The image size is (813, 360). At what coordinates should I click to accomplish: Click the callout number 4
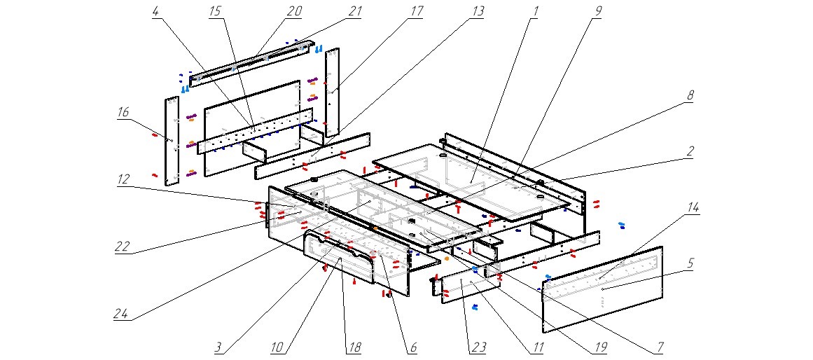[x=154, y=12]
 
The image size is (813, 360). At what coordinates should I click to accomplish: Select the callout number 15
[x=215, y=12]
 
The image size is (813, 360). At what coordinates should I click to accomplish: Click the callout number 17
[x=417, y=12]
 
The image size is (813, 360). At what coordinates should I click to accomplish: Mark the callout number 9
[x=597, y=12]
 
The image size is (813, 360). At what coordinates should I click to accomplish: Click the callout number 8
[x=689, y=97]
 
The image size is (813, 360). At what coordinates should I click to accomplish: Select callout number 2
[x=690, y=151]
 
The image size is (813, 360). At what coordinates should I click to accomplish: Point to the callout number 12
[x=123, y=179]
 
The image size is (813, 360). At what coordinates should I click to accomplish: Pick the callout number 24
[x=123, y=314]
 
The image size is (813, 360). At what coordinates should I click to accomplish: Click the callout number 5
[x=690, y=263]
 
